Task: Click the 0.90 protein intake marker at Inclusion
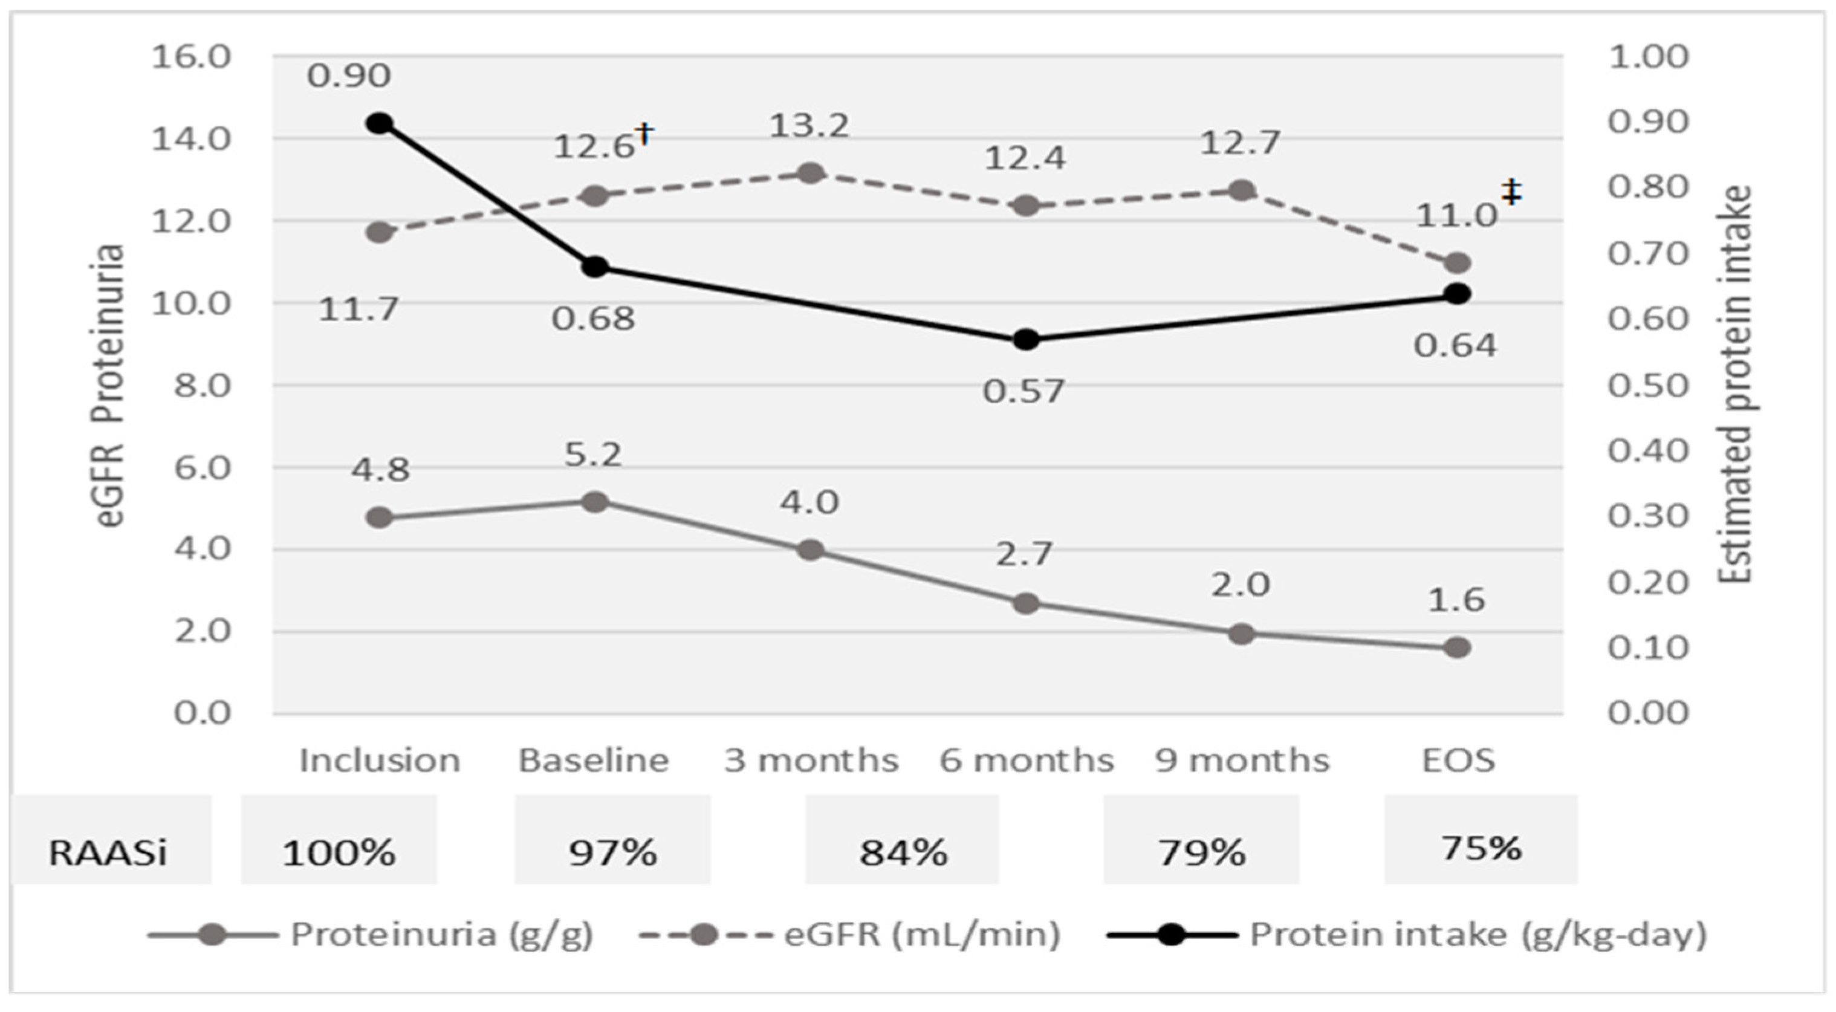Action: (x=380, y=123)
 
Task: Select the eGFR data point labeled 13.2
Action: (x=810, y=173)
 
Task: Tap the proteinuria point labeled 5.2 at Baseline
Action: (x=594, y=502)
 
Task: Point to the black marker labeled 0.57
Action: (x=1026, y=339)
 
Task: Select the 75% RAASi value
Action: (x=1481, y=848)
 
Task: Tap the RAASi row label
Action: (x=108, y=852)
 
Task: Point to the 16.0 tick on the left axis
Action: (x=191, y=56)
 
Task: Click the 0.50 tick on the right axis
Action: (x=1648, y=386)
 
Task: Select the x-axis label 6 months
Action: (x=1027, y=761)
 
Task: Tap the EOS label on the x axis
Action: (x=1458, y=761)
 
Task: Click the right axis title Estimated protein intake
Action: (x=1735, y=385)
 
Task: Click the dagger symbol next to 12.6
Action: (x=644, y=133)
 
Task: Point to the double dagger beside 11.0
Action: (x=1511, y=192)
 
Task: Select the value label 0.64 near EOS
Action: (x=1455, y=346)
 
